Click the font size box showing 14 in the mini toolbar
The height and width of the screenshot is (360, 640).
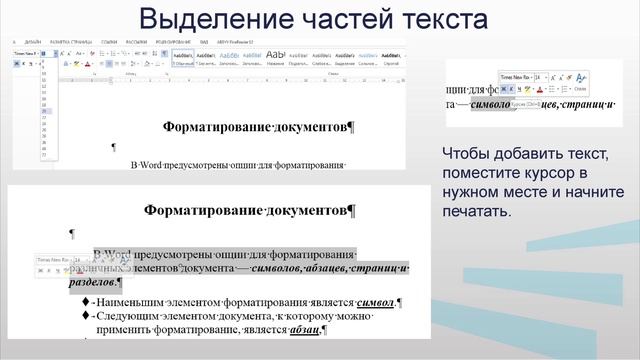(x=539, y=76)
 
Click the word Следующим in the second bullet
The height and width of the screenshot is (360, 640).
(x=140, y=316)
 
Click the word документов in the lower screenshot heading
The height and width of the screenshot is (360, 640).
(x=299, y=210)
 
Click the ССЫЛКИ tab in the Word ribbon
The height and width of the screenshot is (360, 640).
(x=110, y=42)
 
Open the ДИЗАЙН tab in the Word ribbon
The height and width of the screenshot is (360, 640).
(x=33, y=42)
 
